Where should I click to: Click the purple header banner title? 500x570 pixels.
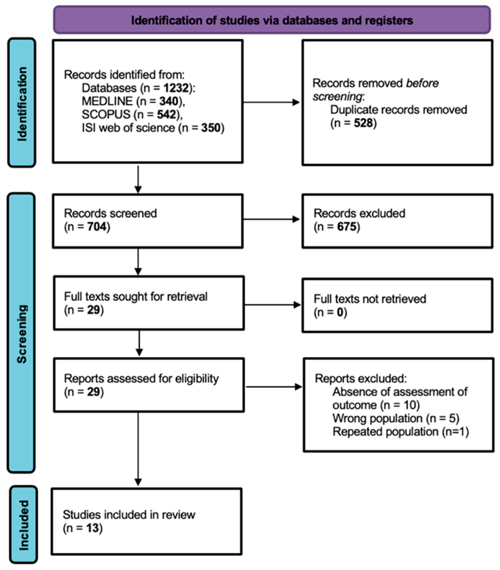(272, 20)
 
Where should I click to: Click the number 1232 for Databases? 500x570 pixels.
(176, 88)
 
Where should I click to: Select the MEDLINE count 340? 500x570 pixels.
(169, 101)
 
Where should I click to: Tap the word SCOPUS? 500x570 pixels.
(106, 114)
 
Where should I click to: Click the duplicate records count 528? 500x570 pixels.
(363, 123)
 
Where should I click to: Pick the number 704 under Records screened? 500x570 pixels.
(97, 226)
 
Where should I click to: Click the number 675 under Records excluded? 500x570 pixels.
(347, 226)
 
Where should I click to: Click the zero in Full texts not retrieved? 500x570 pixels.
(340, 312)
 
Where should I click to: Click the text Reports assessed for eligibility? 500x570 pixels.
(141, 378)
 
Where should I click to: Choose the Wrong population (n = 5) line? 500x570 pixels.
(396, 418)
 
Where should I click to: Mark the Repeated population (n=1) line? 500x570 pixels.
(400, 432)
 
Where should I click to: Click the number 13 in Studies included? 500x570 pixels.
(92, 528)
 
